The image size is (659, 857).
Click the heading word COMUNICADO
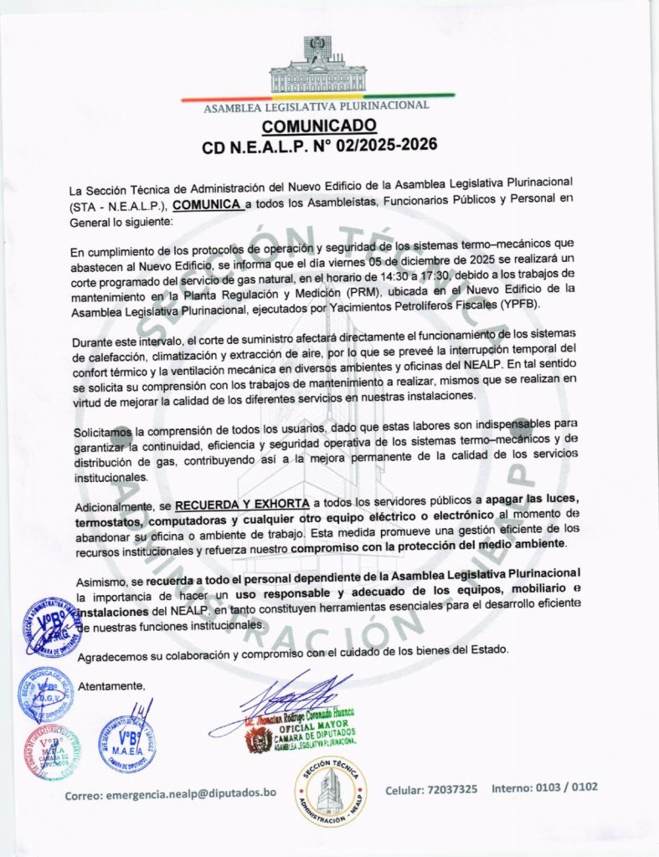318,126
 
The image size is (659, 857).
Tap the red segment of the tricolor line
226,99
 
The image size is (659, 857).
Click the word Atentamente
111,687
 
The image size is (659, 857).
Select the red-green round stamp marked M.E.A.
52,752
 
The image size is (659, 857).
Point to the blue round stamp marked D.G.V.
46,694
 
